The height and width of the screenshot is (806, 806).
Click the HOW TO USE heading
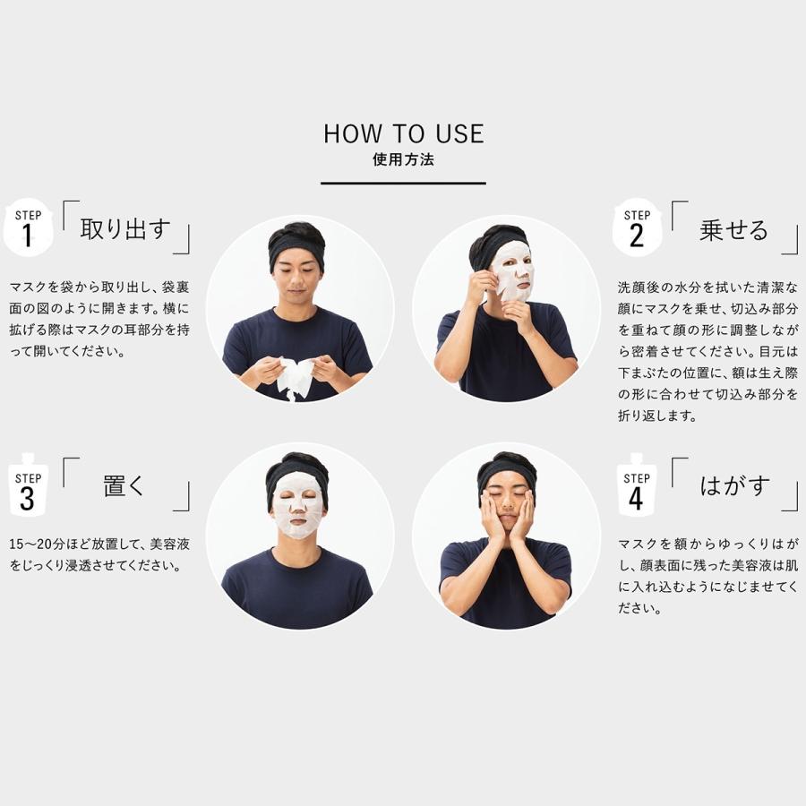(403, 134)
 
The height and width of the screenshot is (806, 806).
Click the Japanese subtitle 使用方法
(403, 161)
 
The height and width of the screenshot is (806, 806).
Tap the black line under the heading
(403, 183)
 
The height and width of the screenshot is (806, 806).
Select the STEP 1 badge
(28, 227)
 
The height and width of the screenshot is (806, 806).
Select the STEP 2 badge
(637, 227)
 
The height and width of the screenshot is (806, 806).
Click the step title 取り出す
(124, 230)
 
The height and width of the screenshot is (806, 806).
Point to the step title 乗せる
(733, 230)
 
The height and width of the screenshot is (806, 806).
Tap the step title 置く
(124, 487)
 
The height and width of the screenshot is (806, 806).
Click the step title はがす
(733, 486)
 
